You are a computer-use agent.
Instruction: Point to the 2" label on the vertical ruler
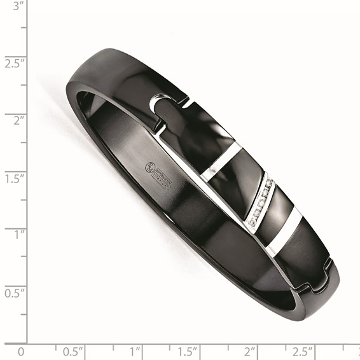[12, 119]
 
